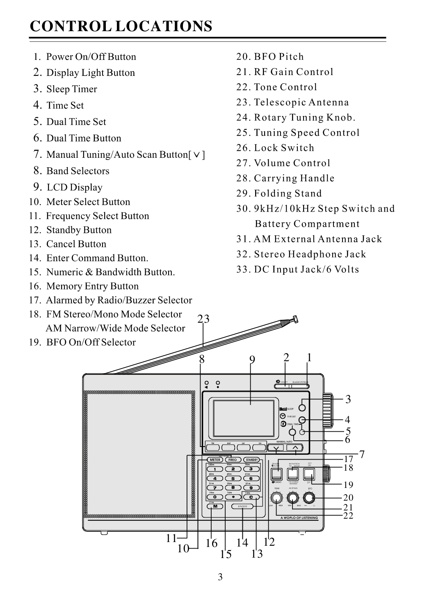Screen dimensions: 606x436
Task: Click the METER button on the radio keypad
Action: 215,460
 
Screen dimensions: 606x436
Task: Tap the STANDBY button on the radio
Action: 251,460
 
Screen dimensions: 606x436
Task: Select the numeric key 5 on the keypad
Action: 233,478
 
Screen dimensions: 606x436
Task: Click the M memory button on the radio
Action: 215,506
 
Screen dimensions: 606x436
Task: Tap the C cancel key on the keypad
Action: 251,497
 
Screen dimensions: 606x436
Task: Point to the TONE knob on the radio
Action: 277,498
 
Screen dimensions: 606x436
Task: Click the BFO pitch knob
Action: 309,498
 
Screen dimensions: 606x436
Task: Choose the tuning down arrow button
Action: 276,448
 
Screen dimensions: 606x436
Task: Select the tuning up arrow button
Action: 295,448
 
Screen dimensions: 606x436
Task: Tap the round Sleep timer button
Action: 302,408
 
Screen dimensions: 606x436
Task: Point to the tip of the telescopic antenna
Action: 295,319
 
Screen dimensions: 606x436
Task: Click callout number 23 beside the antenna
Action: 203,319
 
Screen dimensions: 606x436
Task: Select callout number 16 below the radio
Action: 211,543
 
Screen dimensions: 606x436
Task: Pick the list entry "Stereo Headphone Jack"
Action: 310,254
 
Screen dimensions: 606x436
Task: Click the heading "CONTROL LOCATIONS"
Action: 121,26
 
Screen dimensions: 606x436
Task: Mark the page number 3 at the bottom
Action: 220,578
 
